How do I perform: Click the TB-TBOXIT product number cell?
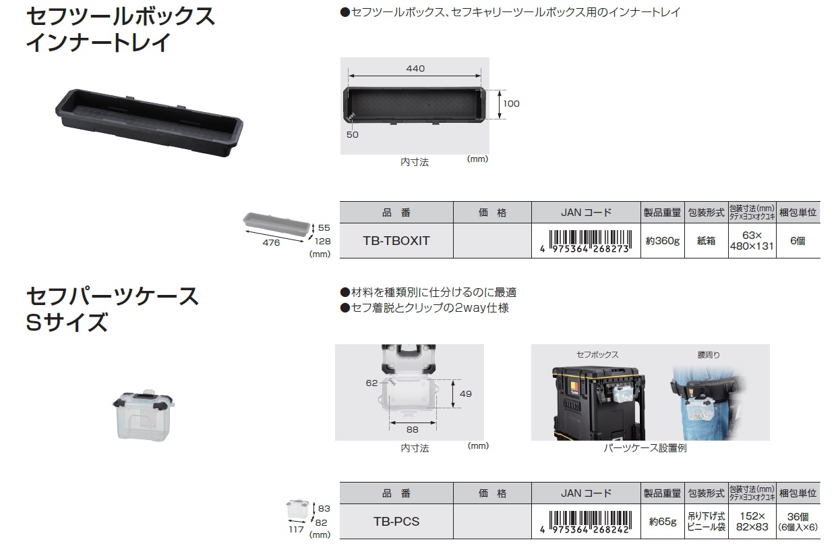click(x=396, y=240)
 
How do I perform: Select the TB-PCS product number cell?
click(x=396, y=521)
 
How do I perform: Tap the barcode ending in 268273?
click(x=586, y=242)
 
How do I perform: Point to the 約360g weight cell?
click(x=663, y=241)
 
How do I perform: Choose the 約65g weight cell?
click(x=663, y=522)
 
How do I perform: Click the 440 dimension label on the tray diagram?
click(x=415, y=69)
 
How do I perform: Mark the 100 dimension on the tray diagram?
click(x=511, y=104)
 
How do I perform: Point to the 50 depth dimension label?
click(x=353, y=135)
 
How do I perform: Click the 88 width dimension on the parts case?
click(x=413, y=429)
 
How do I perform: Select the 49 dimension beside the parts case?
click(x=466, y=393)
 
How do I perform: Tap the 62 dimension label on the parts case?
click(x=371, y=383)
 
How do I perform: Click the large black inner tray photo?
click(x=149, y=122)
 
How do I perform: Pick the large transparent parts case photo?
click(x=144, y=414)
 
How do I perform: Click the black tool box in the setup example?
click(x=599, y=404)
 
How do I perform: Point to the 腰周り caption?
click(x=709, y=354)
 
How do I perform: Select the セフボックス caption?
click(x=597, y=354)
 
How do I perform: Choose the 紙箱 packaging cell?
click(x=706, y=241)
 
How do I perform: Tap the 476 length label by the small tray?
click(x=271, y=243)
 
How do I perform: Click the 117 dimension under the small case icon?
click(x=296, y=530)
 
